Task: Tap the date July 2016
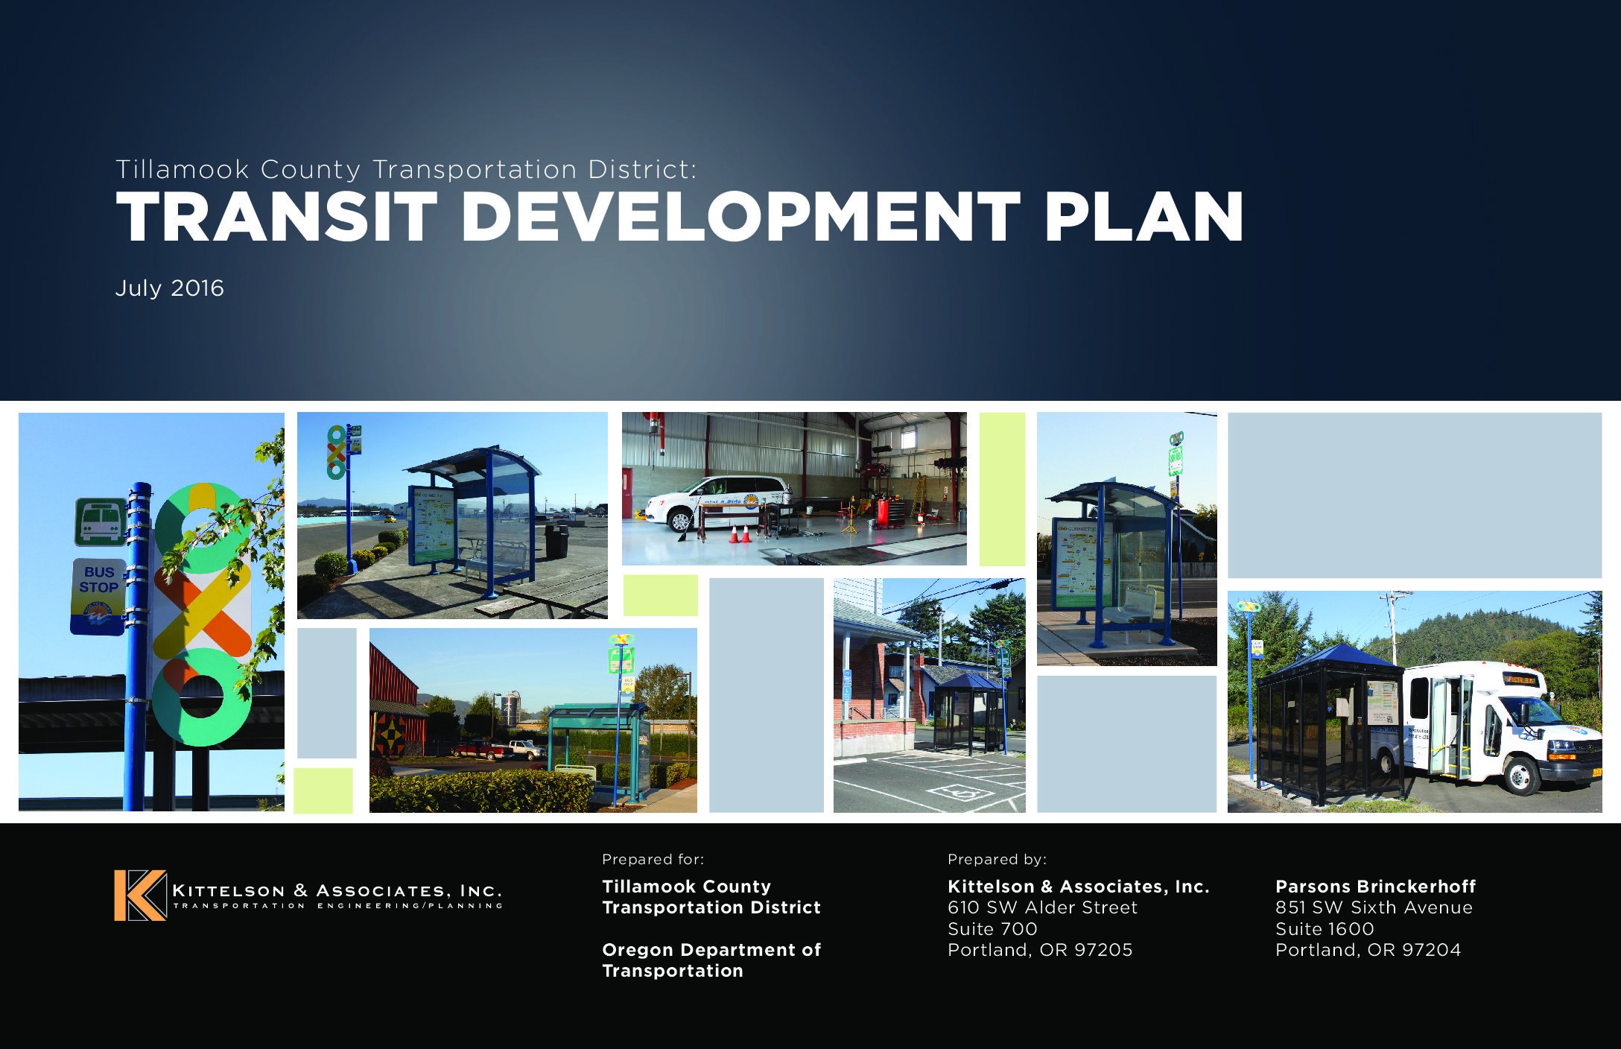[x=169, y=288]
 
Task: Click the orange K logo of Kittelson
[x=140, y=896]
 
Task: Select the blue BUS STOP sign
[x=98, y=596]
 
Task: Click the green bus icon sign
[x=100, y=522]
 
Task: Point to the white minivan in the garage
[x=719, y=503]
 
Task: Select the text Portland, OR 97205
[x=1040, y=950]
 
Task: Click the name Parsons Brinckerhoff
[x=1375, y=887]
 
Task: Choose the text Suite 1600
[x=1325, y=929]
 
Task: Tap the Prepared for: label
[x=653, y=859]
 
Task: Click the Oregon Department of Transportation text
[x=711, y=960]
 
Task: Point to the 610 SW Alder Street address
[x=1042, y=907]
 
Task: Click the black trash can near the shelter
[x=556, y=542]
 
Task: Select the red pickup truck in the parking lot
[x=480, y=749]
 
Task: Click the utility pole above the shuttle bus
[x=1393, y=626]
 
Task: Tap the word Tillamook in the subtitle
[x=182, y=170]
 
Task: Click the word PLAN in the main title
[x=1143, y=217]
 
